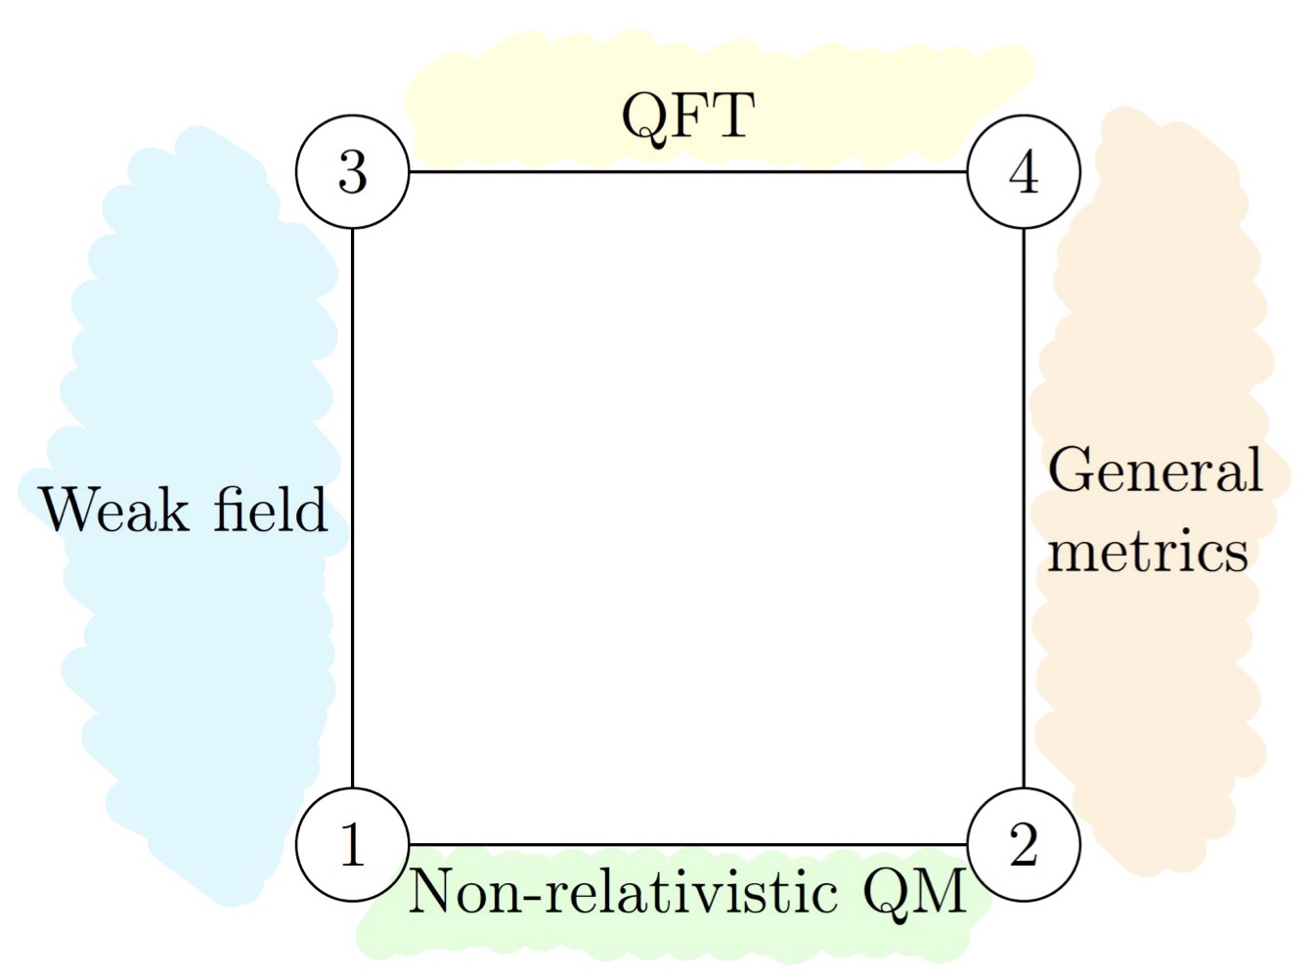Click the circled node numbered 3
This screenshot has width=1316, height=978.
tap(352, 172)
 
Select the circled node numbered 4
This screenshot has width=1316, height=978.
tap(1024, 172)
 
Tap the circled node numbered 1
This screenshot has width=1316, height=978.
tap(352, 844)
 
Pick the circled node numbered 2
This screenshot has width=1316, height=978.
tap(1024, 844)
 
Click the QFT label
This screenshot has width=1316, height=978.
tap(687, 115)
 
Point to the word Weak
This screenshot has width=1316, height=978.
tap(113, 511)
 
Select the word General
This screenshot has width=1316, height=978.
tap(1155, 469)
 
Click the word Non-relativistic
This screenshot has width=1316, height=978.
tap(623, 892)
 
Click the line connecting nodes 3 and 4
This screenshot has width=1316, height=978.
tap(687, 172)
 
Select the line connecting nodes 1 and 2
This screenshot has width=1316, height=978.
tap(687, 844)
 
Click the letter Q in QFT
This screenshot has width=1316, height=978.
tap(642, 117)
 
